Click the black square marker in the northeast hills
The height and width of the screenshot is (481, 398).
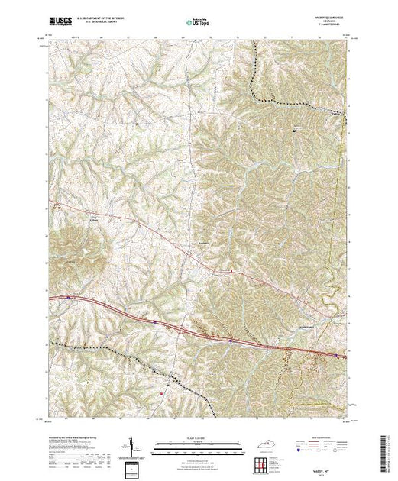(x=296, y=131)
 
